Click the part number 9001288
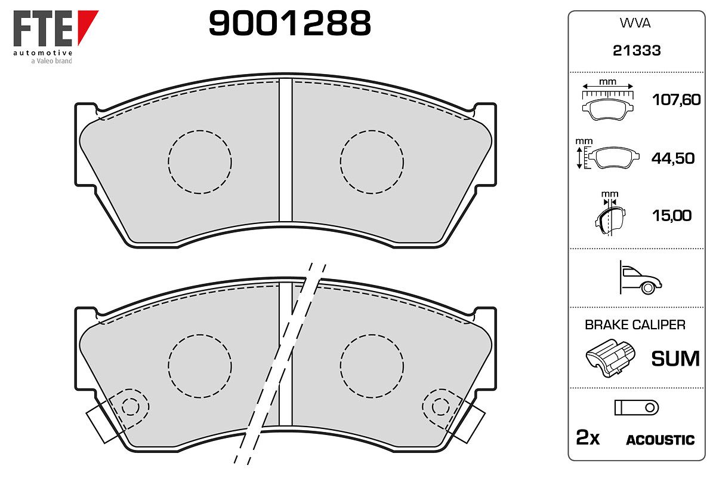click(289, 23)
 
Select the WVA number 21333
click(637, 51)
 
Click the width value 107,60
click(676, 100)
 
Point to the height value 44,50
click(673, 158)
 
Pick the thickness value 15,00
click(672, 216)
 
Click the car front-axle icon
click(641, 278)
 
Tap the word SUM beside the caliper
click(675, 358)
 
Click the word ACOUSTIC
click(660, 440)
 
